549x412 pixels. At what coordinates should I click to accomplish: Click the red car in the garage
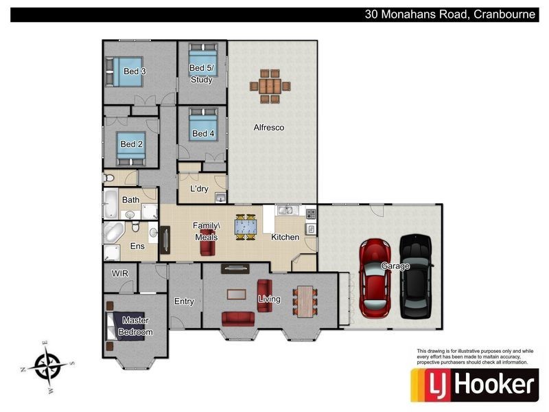pyautogui.click(x=375, y=279)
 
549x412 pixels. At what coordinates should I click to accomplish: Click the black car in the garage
pyautogui.click(x=416, y=277)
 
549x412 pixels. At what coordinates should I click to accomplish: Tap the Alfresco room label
pyautogui.click(x=269, y=128)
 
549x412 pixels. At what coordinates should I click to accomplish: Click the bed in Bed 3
pyautogui.click(x=124, y=71)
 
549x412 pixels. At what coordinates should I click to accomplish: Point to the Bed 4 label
pyautogui.click(x=203, y=133)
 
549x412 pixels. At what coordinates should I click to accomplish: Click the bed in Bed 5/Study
pyautogui.click(x=203, y=60)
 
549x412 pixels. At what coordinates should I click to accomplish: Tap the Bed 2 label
pyautogui.click(x=131, y=144)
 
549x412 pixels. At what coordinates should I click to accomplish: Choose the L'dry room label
pyautogui.click(x=199, y=189)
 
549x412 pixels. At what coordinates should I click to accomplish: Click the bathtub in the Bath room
pyautogui.click(x=111, y=203)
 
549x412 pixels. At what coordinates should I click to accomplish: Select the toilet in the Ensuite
pyautogui.click(x=136, y=227)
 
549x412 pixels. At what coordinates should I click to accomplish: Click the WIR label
pyautogui.click(x=119, y=273)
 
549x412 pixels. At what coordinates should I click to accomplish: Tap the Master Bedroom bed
pyautogui.click(x=126, y=326)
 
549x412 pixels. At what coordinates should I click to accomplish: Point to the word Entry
pyautogui.click(x=184, y=301)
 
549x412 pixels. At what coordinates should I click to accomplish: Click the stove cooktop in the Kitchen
pyautogui.click(x=311, y=214)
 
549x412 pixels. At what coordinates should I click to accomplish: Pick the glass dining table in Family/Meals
pyautogui.click(x=246, y=227)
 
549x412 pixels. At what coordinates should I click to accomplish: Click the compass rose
pyautogui.click(x=47, y=367)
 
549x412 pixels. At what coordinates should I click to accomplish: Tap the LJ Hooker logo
pyautogui.click(x=474, y=385)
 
